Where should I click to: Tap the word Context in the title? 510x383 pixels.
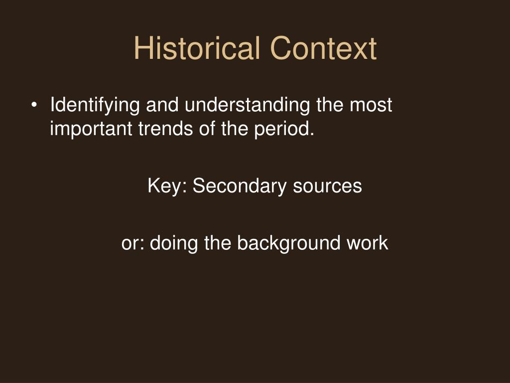tap(324, 49)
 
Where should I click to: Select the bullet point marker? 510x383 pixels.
tap(34, 106)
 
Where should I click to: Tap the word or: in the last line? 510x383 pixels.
tap(133, 243)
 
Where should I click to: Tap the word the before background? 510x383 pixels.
tap(217, 243)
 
